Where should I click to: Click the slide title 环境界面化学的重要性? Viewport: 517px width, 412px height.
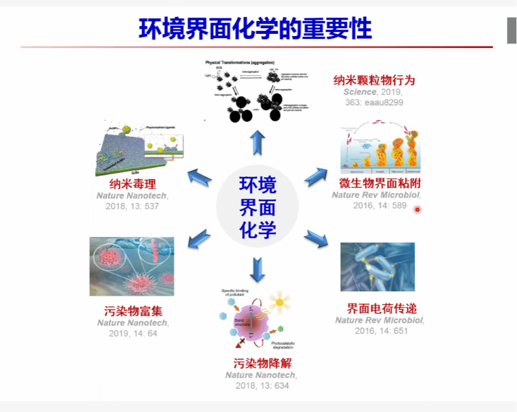coord(256,28)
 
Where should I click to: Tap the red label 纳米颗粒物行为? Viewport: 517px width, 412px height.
coord(374,80)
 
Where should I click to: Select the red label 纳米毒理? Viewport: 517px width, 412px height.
coord(133,184)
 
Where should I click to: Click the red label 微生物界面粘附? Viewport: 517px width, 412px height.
coord(380,183)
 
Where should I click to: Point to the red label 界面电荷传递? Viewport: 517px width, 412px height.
coord(382,309)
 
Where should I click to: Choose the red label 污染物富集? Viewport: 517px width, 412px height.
coord(133,312)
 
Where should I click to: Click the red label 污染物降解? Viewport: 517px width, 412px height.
coord(262,363)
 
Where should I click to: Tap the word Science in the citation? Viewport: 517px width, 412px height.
coord(360,91)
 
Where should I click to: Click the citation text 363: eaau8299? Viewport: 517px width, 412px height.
coord(374,103)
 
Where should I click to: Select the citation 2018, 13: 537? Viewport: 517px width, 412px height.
coord(133,207)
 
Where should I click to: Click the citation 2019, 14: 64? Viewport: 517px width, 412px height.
coord(133,334)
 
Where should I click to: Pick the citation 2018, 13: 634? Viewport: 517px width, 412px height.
coord(262,385)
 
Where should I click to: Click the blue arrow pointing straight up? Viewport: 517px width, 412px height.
coord(257,142)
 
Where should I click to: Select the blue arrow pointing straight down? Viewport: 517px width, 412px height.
coord(257,269)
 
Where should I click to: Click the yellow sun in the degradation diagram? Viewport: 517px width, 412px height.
coord(279,303)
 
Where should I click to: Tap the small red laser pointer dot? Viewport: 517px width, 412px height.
coord(418,209)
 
